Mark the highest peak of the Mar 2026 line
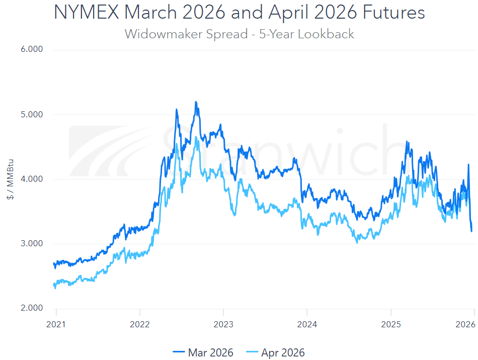[x=195, y=102]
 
